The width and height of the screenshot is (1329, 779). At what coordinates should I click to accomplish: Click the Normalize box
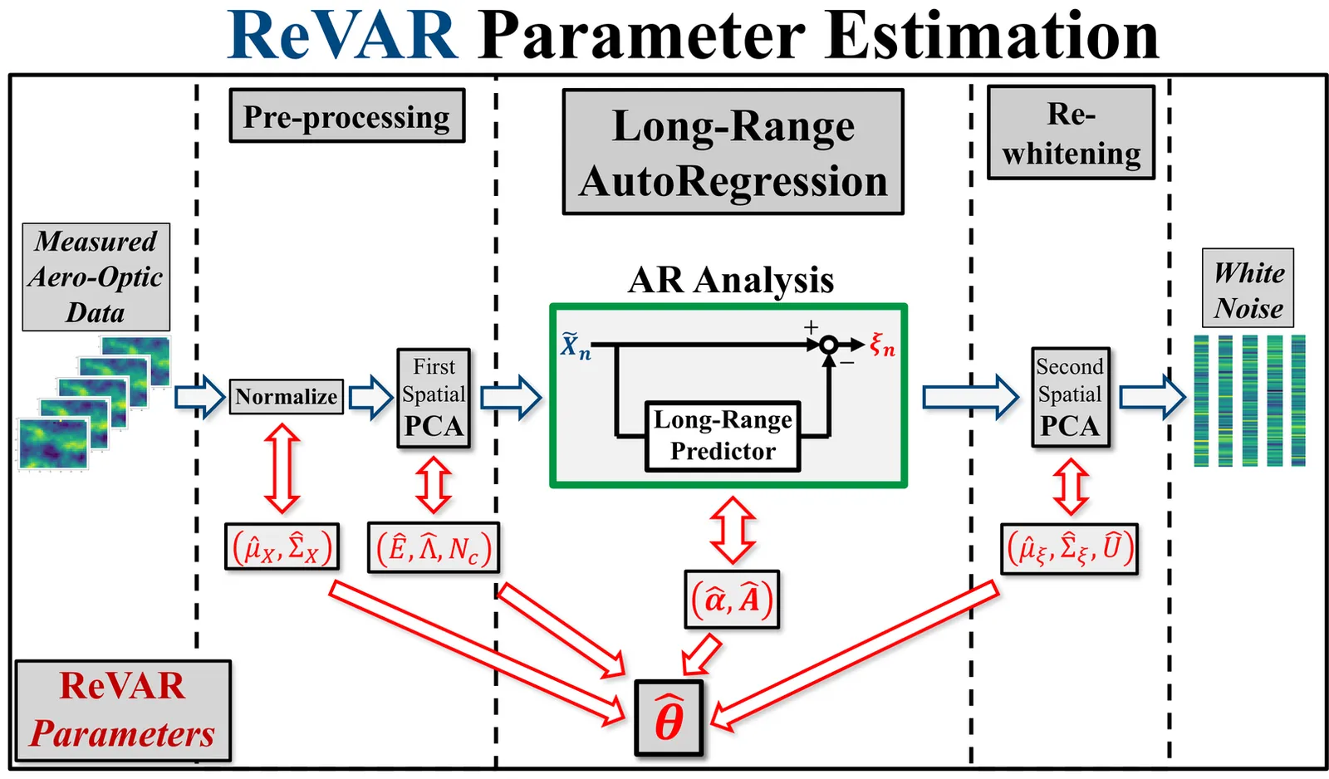(x=286, y=396)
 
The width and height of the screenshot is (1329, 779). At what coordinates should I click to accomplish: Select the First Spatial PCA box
(x=434, y=398)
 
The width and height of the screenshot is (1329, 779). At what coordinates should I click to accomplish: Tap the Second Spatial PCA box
(x=1070, y=398)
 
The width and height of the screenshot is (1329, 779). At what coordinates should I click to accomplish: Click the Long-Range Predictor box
(x=723, y=436)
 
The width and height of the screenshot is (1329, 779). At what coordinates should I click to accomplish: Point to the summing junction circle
(x=828, y=345)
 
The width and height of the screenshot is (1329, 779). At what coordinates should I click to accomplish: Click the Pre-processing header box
(x=346, y=116)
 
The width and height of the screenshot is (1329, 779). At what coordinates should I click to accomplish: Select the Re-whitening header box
(x=1071, y=133)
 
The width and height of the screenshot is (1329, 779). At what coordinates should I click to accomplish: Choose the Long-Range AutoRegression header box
(x=733, y=153)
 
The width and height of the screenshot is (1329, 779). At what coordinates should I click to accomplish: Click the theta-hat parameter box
(x=669, y=718)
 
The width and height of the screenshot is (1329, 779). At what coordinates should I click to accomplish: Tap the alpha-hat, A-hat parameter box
(x=732, y=599)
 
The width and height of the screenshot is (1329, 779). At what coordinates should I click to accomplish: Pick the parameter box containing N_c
(x=434, y=548)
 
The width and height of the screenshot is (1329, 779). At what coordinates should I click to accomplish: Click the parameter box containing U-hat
(x=1070, y=548)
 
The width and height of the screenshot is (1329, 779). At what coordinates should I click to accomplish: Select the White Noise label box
(x=1248, y=288)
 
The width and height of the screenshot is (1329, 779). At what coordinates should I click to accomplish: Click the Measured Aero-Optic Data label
(x=96, y=277)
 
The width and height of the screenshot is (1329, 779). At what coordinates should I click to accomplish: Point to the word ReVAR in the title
(x=342, y=35)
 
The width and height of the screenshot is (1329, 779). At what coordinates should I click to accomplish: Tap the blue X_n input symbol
(x=575, y=345)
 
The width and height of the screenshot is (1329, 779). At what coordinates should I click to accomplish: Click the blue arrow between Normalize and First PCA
(x=370, y=396)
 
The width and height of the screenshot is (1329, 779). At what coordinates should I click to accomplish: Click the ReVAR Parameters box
(x=122, y=710)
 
